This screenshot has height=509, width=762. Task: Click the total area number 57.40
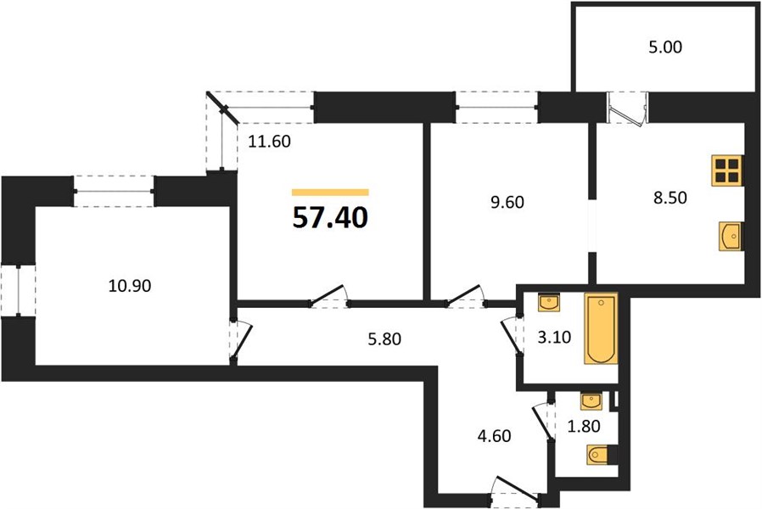pos(330,217)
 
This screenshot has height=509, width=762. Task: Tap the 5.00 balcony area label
pos(665,47)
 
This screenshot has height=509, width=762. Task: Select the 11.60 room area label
pos(269,142)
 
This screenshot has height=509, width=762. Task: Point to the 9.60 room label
pos(507,202)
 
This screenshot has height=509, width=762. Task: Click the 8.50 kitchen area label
pos(670,198)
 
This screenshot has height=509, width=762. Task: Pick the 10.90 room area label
pos(130,286)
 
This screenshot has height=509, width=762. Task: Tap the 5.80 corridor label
pos(384,338)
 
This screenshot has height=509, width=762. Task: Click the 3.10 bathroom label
pos(554,337)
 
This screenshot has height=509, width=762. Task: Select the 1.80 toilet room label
pos(584,426)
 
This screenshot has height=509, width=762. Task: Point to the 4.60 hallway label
pos(494,436)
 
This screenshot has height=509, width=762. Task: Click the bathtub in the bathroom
pos(601,328)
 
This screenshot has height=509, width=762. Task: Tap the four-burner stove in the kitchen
pos(727,171)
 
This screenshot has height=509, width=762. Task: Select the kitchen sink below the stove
pos(731,237)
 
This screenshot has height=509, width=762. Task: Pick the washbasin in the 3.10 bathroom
pos(549,302)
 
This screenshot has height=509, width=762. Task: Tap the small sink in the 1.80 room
pos(591,401)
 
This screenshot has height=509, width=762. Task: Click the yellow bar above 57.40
pos(330,193)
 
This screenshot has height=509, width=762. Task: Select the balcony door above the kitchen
pos(628,109)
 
